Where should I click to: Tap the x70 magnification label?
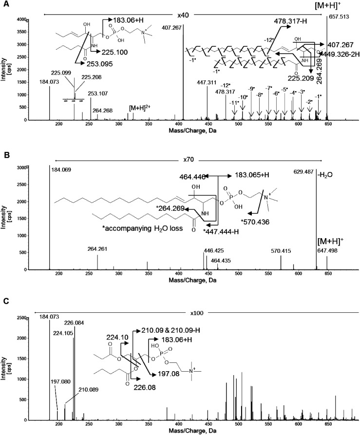pyautogui.click(x=184, y=159)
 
